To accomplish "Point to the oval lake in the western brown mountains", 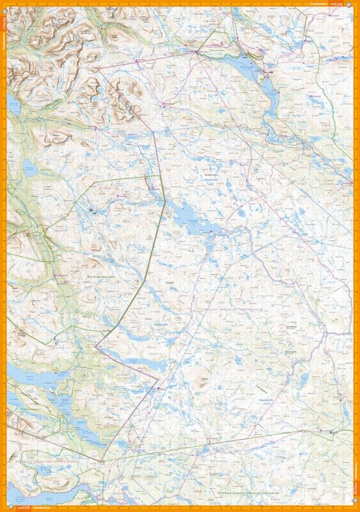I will click(x=29, y=168).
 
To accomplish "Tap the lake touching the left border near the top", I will click(x=13, y=108).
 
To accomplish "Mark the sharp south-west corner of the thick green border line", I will click(x=96, y=347).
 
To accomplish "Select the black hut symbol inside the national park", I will click(x=91, y=210).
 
